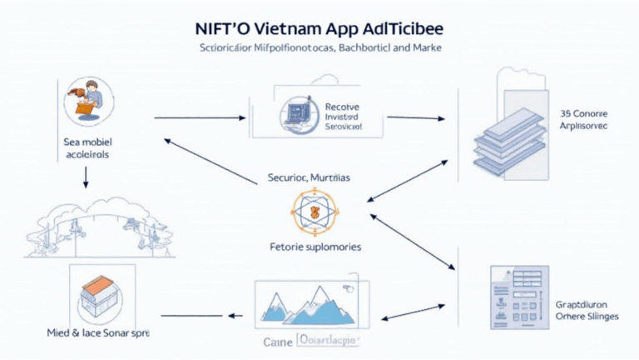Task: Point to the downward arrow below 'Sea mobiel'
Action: pos(86,176)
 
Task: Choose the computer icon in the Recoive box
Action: pos(296,115)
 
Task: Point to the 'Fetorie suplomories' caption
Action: pos(316,247)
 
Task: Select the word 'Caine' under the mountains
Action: pos(279,341)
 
